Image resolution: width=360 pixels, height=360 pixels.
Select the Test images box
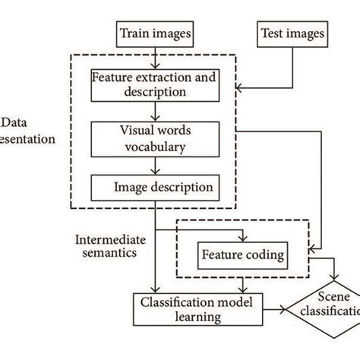tap(292, 33)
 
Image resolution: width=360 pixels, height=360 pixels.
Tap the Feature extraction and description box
tap(155, 84)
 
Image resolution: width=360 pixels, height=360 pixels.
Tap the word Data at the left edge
tap(13, 124)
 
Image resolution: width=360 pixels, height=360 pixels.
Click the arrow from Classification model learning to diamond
tap(281, 309)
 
